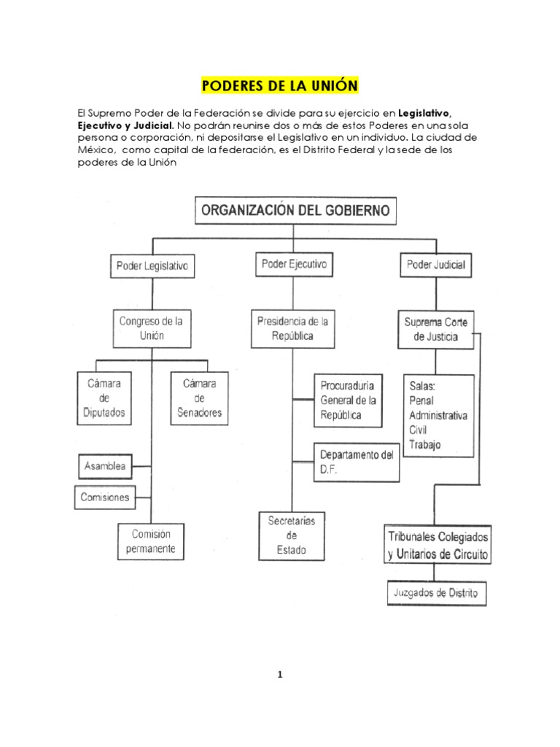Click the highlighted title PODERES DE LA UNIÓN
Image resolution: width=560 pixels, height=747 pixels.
(x=279, y=86)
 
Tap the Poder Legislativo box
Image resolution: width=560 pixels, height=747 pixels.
(x=152, y=267)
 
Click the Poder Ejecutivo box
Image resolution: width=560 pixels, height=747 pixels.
(x=294, y=264)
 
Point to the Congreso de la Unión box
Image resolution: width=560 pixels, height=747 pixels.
(x=152, y=328)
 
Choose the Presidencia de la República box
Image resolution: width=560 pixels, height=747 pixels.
(x=293, y=328)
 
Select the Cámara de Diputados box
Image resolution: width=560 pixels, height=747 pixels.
(x=104, y=398)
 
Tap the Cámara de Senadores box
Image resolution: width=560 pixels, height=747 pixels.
(x=199, y=398)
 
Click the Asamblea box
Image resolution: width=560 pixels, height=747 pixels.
(x=105, y=465)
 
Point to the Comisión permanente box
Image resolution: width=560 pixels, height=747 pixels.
(x=152, y=541)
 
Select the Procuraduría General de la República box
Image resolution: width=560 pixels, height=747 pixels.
(x=349, y=400)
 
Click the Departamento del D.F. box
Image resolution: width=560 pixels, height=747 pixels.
(x=357, y=462)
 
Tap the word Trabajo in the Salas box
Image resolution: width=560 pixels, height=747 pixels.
(x=426, y=444)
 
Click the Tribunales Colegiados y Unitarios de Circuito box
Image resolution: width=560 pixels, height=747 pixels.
(x=438, y=543)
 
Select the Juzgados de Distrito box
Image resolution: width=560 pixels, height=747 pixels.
(x=435, y=594)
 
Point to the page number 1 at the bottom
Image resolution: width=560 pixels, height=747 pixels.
(x=279, y=675)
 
